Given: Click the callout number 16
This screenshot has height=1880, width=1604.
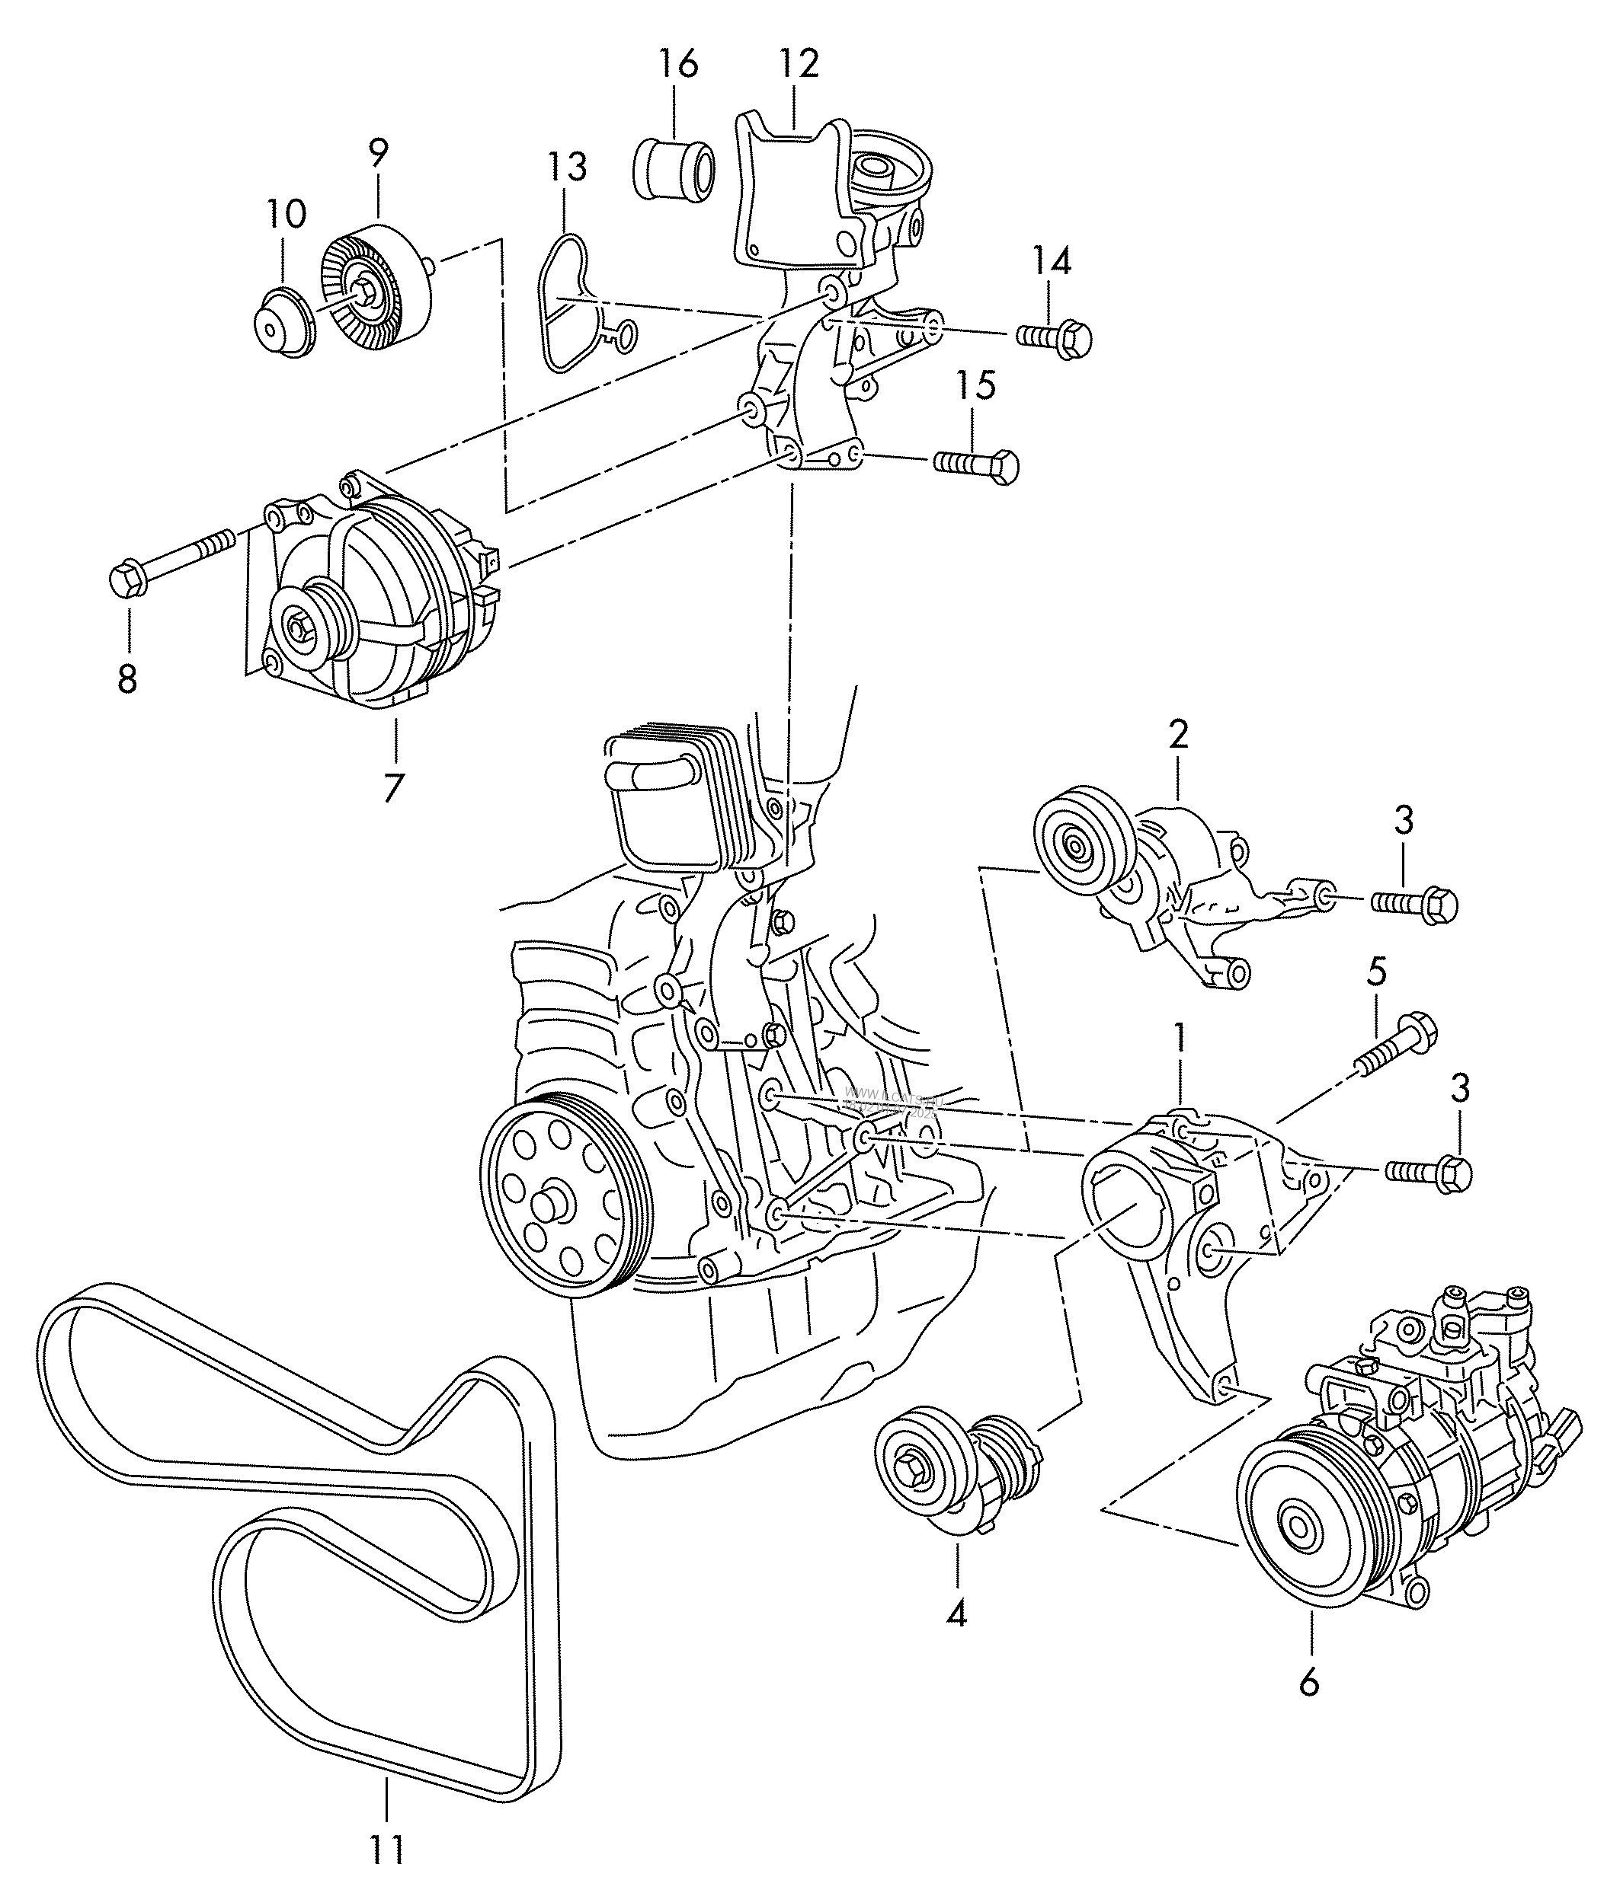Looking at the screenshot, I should point(678,65).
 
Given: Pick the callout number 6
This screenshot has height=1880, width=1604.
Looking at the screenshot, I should point(1308,1683).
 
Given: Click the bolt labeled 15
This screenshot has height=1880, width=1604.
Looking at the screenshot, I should point(976,464).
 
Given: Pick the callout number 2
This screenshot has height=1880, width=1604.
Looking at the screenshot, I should point(1178,733).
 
